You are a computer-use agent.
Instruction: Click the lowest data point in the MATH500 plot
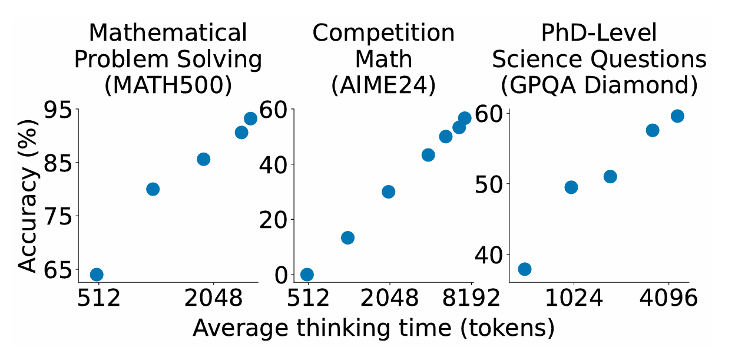(x=97, y=275)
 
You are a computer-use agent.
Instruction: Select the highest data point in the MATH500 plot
(x=250, y=118)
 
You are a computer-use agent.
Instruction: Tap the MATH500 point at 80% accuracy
(x=153, y=189)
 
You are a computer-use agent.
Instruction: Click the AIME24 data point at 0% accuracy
(x=307, y=275)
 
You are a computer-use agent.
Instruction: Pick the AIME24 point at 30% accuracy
(x=388, y=191)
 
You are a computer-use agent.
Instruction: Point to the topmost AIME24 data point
(x=465, y=118)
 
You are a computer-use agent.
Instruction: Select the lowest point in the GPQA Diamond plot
(x=524, y=269)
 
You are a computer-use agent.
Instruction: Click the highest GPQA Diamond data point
(x=677, y=116)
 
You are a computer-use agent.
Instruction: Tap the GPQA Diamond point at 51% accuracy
(x=610, y=177)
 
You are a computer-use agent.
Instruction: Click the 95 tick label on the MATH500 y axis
(x=57, y=110)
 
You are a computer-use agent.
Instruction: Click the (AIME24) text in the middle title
(x=383, y=85)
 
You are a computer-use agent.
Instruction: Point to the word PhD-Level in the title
(x=599, y=33)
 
